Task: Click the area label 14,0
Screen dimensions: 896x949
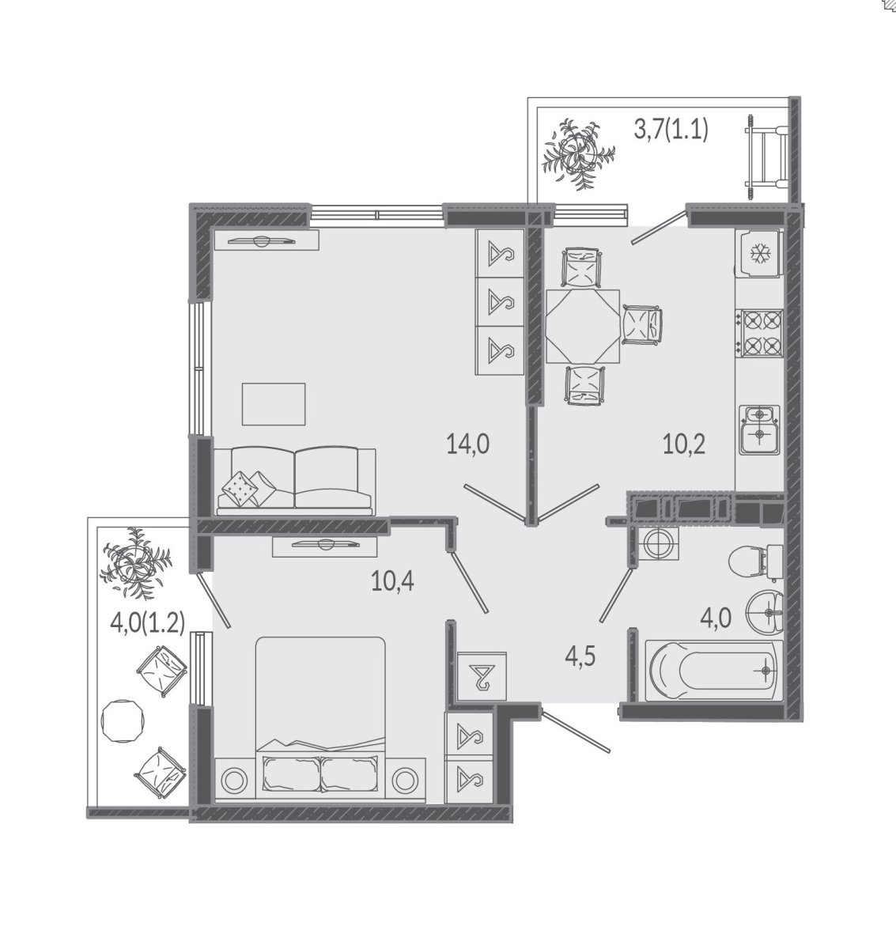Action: click(x=468, y=444)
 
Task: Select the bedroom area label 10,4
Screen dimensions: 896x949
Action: click(x=392, y=581)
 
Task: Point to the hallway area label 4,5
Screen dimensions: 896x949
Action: click(x=580, y=657)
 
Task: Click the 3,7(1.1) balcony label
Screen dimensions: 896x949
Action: click(x=671, y=129)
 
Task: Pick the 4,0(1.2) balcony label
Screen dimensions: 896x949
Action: click(x=147, y=624)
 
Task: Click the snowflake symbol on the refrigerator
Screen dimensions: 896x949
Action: click(x=758, y=253)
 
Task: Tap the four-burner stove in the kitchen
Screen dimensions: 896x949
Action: click(x=762, y=333)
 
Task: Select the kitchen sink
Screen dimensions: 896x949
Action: click(x=760, y=429)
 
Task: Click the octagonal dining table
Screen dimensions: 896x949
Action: click(x=583, y=327)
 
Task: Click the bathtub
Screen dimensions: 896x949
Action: click(x=714, y=671)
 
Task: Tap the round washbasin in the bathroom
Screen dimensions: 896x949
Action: click(x=765, y=611)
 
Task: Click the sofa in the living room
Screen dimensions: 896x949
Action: click(x=295, y=481)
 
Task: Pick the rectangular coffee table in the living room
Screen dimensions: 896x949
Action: click(x=274, y=404)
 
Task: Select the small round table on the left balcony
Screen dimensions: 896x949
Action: click(x=123, y=721)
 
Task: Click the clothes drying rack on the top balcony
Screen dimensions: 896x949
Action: click(x=766, y=153)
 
